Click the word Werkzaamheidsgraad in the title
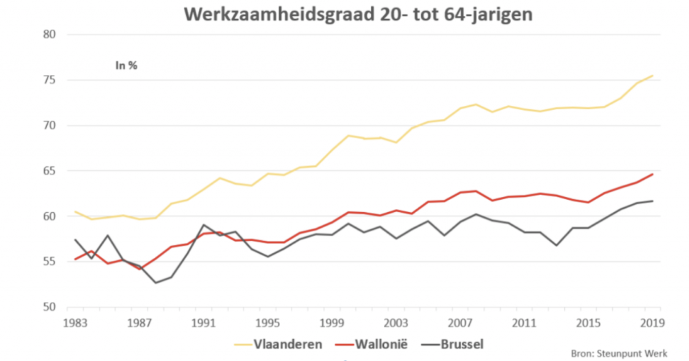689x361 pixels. coord(279,15)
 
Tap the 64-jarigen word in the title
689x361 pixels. coord(488,15)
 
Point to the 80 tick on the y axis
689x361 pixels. coord(49,34)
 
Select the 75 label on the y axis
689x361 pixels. coord(49,80)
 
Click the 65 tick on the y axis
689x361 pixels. coord(49,171)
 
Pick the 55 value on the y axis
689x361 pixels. coord(49,262)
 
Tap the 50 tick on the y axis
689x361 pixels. coord(49,307)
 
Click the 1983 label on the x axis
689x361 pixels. coord(75,323)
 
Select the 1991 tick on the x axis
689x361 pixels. coord(203,323)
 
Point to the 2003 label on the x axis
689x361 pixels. coord(396,323)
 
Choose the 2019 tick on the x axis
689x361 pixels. coord(652,323)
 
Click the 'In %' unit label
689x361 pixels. coord(126,66)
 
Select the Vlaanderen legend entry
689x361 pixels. coord(288,344)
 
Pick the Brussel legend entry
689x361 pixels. coord(462,344)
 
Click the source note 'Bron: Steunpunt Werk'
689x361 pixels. coord(619,353)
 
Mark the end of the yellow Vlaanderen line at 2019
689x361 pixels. coord(653,76)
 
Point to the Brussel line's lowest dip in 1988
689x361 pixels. coord(155,283)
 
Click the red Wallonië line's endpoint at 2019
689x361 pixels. coord(653,174)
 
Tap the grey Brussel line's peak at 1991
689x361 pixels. coord(203,225)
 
